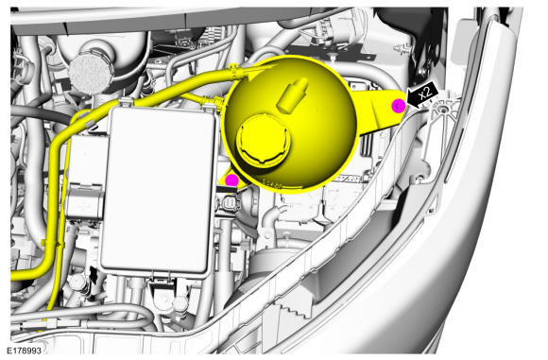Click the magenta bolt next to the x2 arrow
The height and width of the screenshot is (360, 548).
(399, 106)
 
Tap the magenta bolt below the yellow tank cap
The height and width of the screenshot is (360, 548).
(231, 180)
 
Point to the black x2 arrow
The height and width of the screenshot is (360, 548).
(422, 94)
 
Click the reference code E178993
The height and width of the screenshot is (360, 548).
(25, 351)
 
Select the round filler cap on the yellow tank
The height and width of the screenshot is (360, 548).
(264, 141)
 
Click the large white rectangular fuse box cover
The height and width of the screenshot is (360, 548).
(158, 191)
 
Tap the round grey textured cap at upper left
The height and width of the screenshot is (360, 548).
(92, 73)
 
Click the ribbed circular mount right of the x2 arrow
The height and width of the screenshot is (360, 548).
(443, 111)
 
